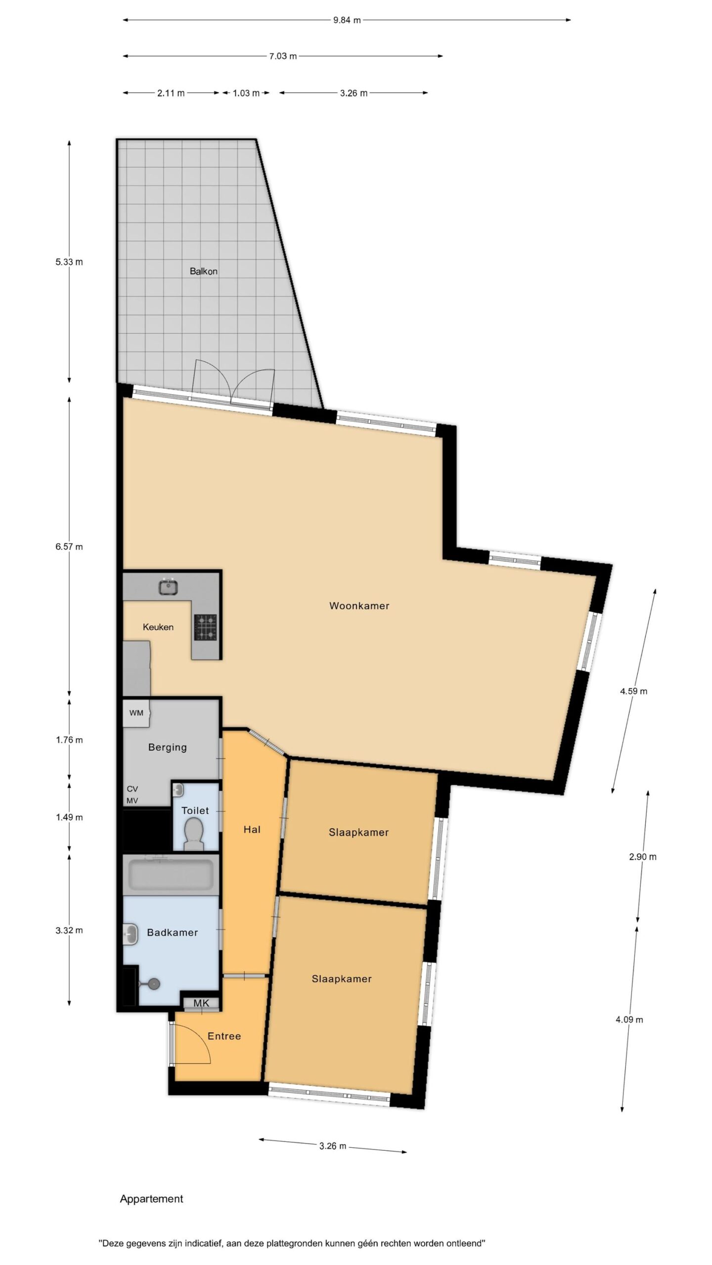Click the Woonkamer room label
359,606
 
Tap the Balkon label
204,271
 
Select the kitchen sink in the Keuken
169,588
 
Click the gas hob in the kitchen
205,627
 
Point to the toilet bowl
194,835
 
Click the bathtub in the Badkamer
171,875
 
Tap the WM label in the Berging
136,713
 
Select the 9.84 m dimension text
347,20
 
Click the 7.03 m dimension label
283,56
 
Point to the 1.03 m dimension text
246,93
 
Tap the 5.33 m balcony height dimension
69,262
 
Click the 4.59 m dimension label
634,691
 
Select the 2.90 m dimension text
643,857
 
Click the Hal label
252,830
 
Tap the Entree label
224,1036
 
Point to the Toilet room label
195,810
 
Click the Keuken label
158,627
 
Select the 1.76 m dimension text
69,740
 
